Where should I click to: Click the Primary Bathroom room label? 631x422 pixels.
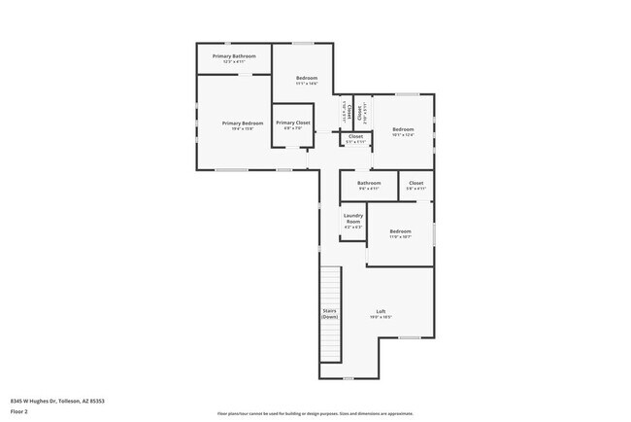click(234, 56)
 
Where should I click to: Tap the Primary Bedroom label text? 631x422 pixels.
click(242, 123)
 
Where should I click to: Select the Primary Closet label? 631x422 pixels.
click(292, 123)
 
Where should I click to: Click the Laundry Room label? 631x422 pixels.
click(353, 218)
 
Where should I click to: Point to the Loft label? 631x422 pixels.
click(381, 311)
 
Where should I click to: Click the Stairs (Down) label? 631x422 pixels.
click(330, 313)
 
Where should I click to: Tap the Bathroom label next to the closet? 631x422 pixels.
click(369, 183)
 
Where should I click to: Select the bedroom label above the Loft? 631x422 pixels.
click(400, 230)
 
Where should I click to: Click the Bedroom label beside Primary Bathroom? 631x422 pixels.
click(307, 77)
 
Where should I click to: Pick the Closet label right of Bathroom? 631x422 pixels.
click(415, 183)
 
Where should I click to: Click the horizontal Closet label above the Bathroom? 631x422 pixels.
click(355, 136)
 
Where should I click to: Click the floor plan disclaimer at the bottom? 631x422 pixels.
click(315, 413)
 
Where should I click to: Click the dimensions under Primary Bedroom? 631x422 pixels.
click(242, 128)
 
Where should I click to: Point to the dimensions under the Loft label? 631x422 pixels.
click(381, 317)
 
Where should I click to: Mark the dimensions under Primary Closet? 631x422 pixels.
click(292, 128)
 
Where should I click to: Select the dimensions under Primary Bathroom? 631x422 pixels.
click(234, 62)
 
